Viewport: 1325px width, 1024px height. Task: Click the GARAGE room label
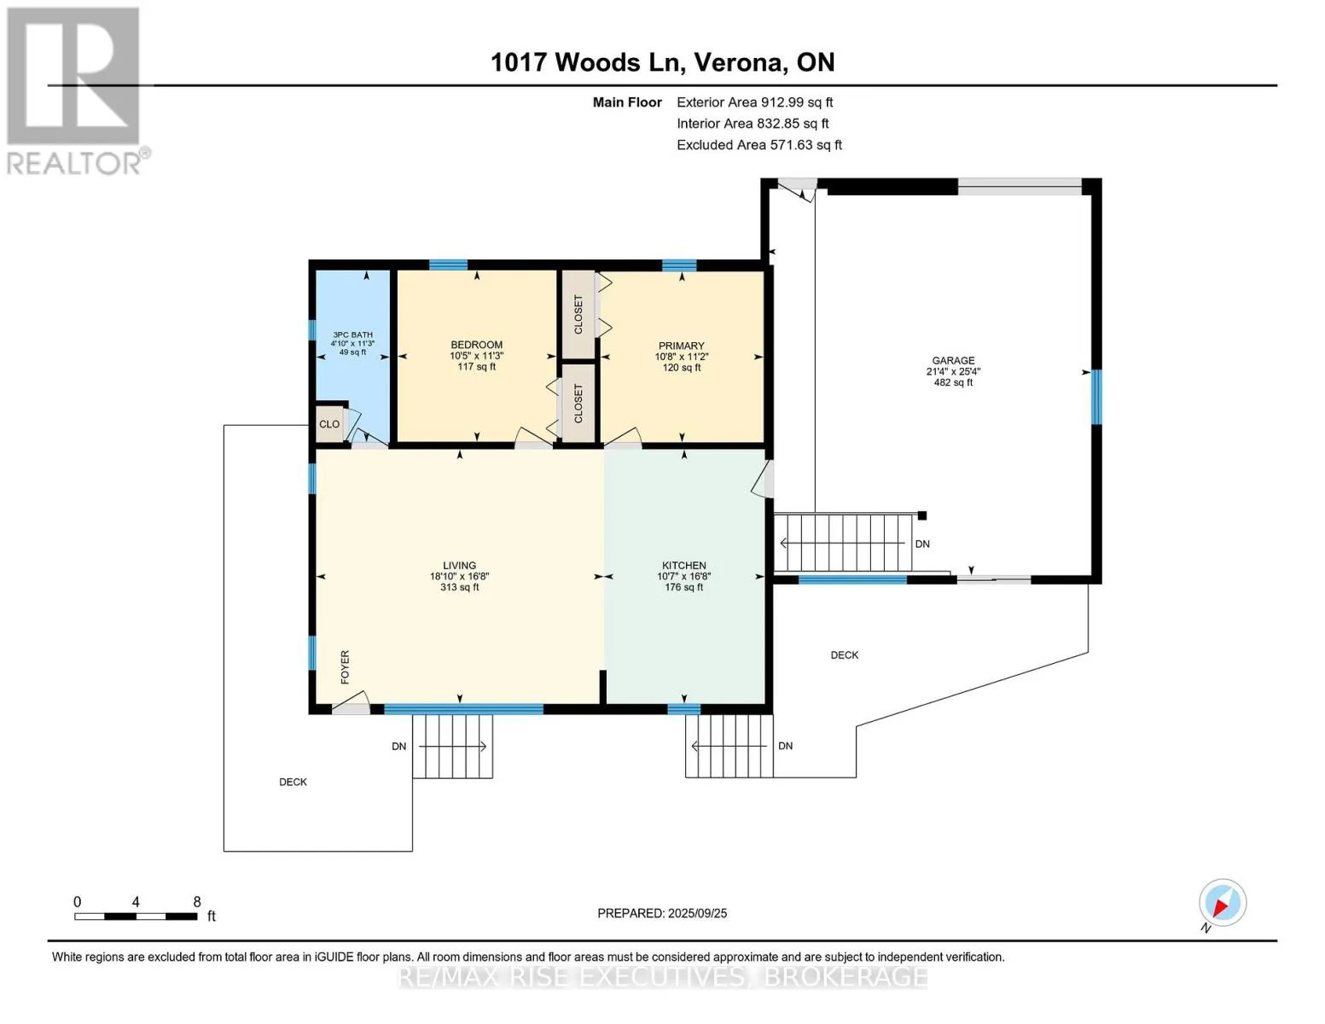click(953, 360)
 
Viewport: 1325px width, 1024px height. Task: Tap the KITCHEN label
click(684, 566)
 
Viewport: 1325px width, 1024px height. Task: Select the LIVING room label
click(459, 566)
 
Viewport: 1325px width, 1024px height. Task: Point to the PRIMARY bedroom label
click(681, 346)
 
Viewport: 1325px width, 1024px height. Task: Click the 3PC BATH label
click(352, 335)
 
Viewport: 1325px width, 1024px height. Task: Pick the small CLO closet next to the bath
click(329, 424)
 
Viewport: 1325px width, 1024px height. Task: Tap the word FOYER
click(346, 666)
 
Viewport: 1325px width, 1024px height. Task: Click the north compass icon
click(1222, 904)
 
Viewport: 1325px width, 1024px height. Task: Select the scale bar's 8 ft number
click(197, 901)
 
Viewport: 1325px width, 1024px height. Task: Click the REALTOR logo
click(76, 91)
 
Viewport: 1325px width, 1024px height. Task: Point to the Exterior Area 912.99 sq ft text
click(754, 102)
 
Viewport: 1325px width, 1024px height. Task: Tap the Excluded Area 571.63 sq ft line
click(759, 145)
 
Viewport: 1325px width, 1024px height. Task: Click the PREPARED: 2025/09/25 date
click(662, 913)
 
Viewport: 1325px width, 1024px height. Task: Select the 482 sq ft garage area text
click(953, 382)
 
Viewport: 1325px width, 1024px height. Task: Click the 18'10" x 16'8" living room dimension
click(459, 576)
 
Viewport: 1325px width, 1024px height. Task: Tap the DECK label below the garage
click(845, 655)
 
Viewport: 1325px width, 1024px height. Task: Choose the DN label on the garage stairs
click(922, 544)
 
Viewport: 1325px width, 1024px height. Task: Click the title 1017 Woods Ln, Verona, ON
click(662, 62)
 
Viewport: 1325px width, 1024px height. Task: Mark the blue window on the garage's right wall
click(1095, 397)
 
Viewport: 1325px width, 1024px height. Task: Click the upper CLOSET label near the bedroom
click(578, 314)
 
